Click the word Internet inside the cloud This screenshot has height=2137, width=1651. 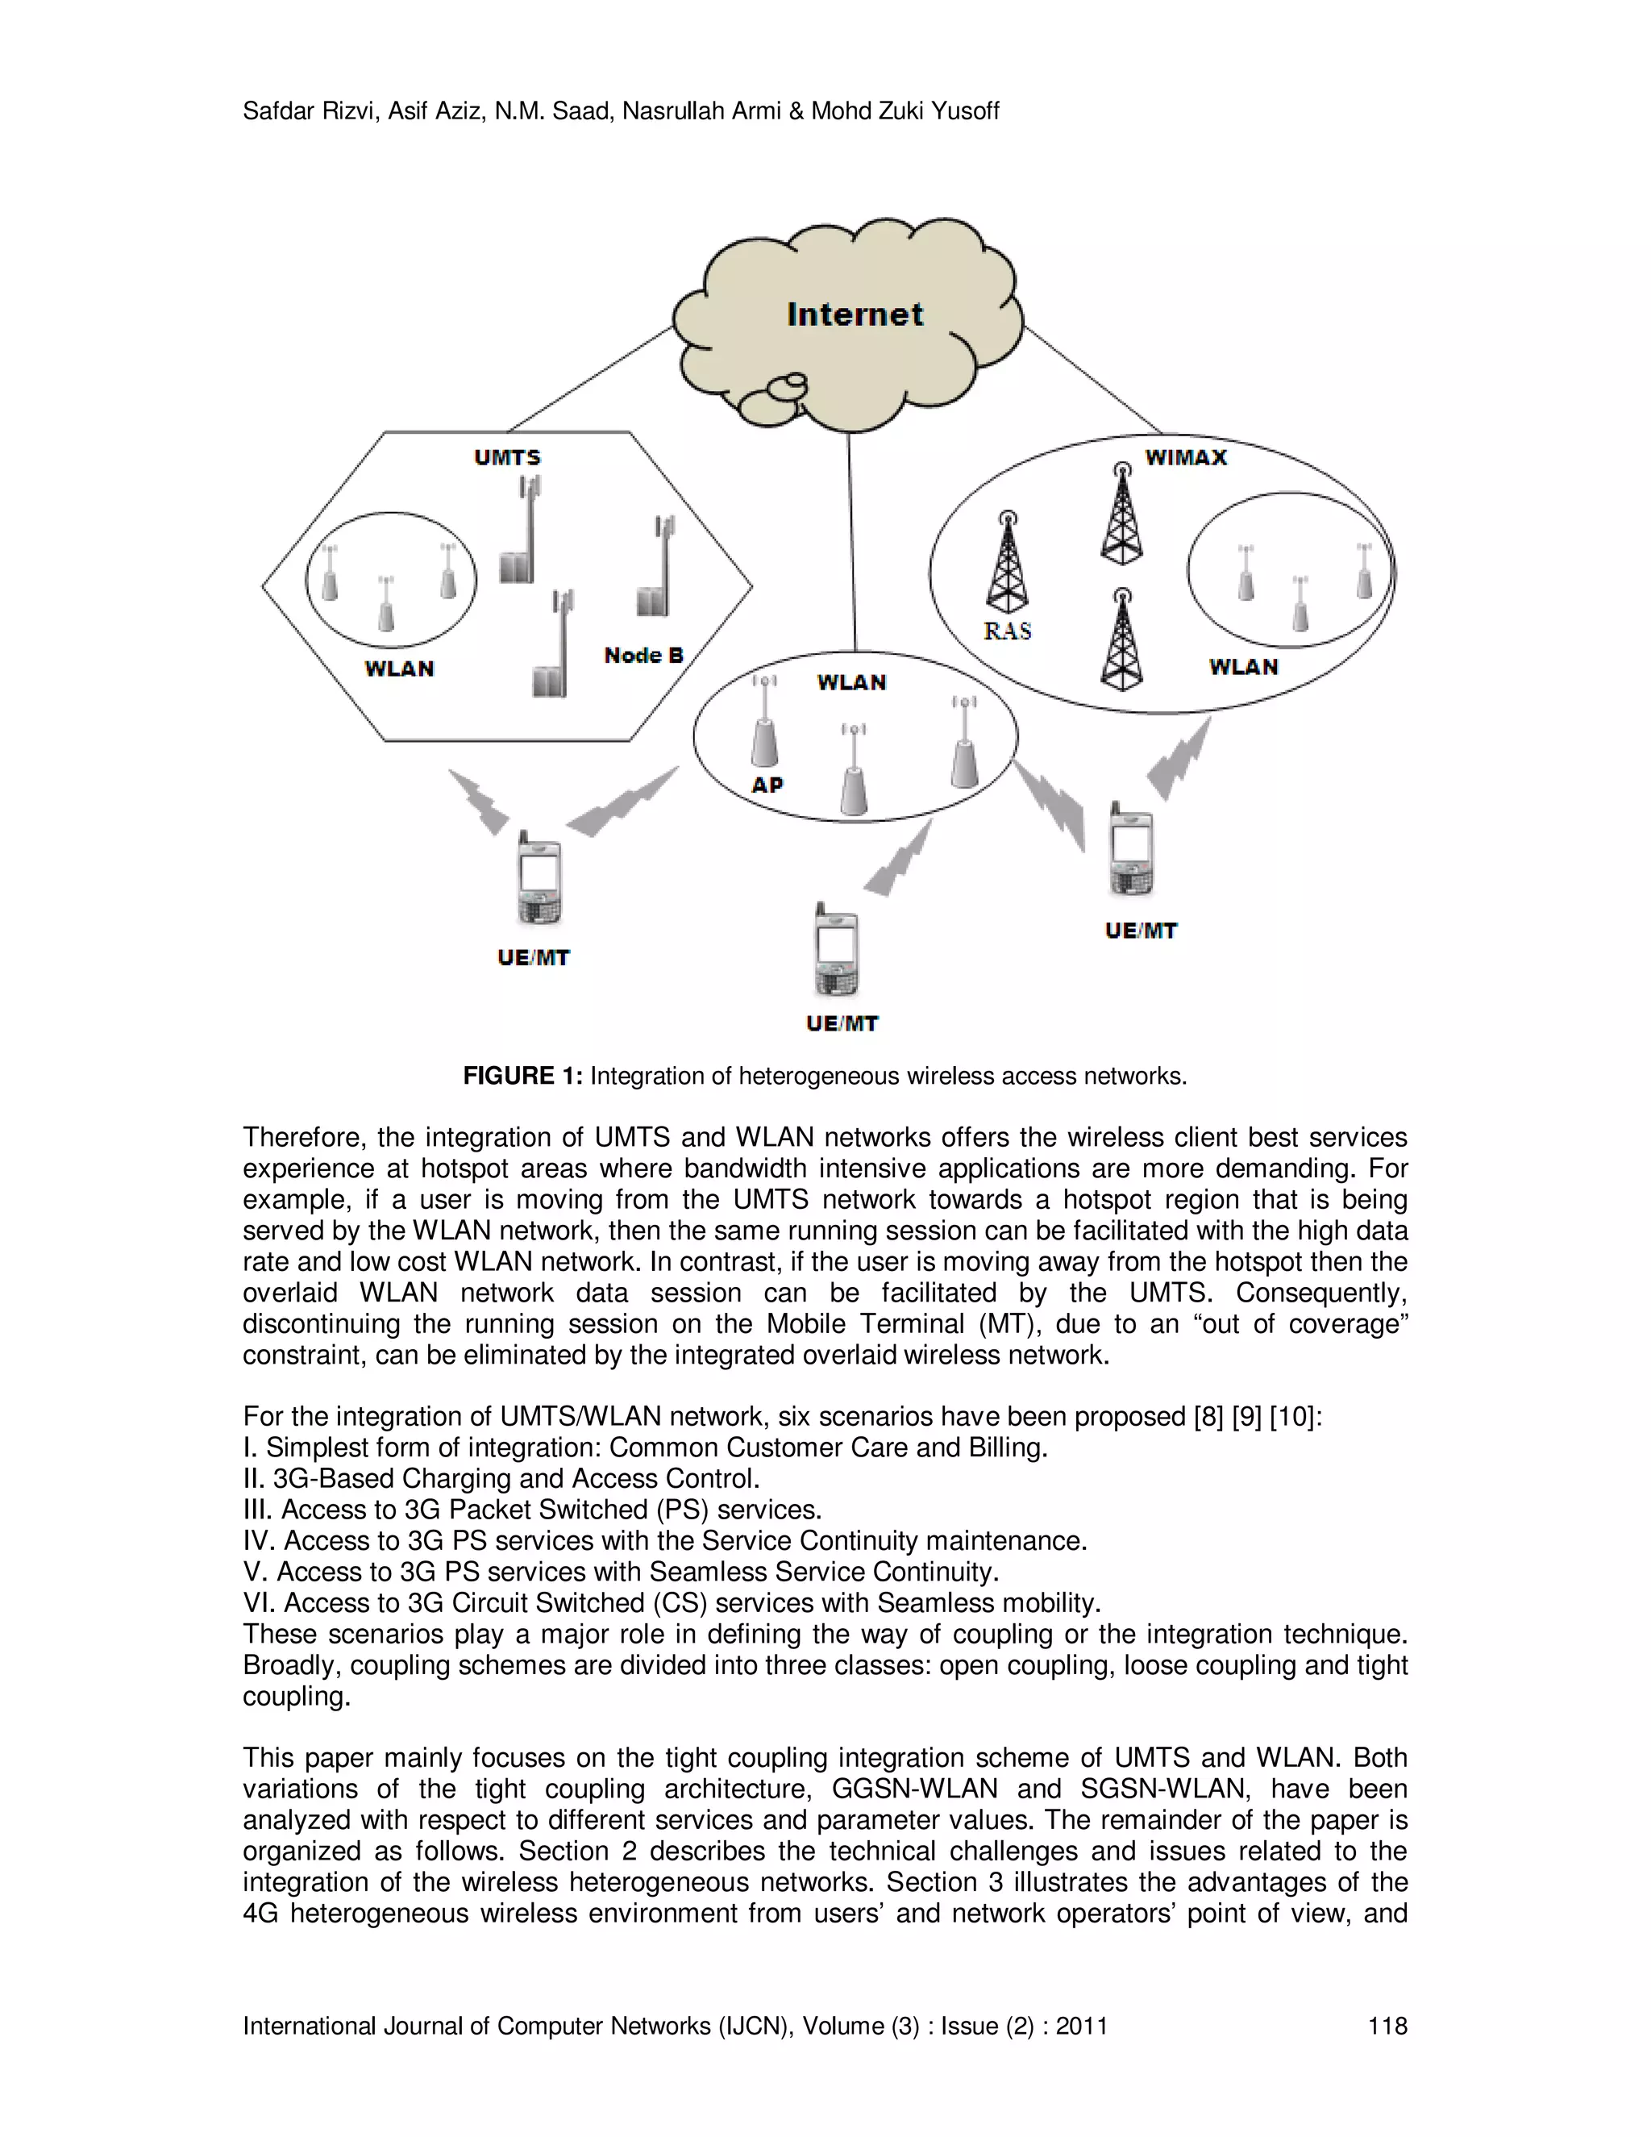[855, 314]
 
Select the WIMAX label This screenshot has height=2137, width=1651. [1185, 457]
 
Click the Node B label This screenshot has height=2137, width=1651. [643, 656]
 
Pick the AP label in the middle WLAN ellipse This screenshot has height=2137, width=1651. [767, 785]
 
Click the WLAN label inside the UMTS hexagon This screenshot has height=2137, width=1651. [399, 669]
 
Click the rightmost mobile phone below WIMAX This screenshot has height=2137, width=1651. [1132, 850]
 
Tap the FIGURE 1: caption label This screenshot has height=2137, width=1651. [522, 1077]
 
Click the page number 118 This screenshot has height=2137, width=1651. [1387, 2026]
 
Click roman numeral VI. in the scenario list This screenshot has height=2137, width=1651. [260, 1603]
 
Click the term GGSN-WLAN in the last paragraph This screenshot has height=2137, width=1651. [913, 1789]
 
